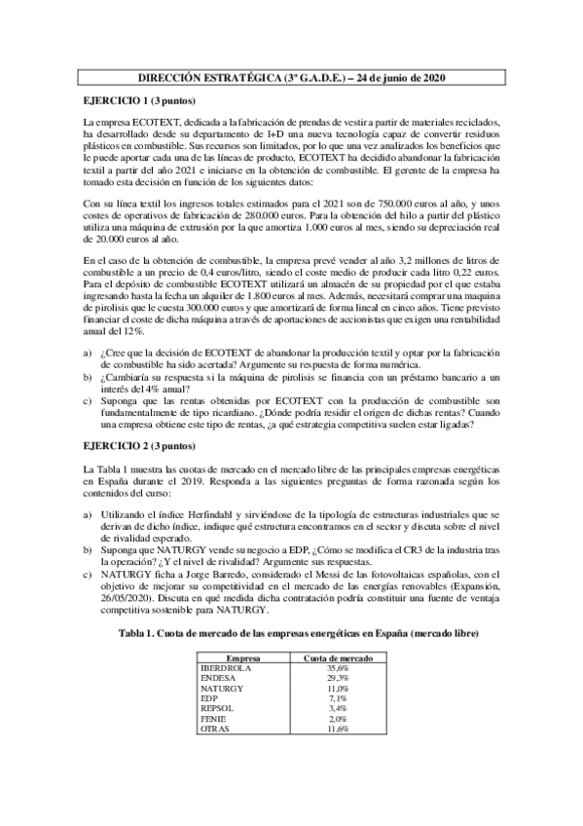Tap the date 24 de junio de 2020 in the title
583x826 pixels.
[x=401, y=77]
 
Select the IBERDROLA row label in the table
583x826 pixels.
[x=226, y=667]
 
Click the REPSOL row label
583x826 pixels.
[x=218, y=707]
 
